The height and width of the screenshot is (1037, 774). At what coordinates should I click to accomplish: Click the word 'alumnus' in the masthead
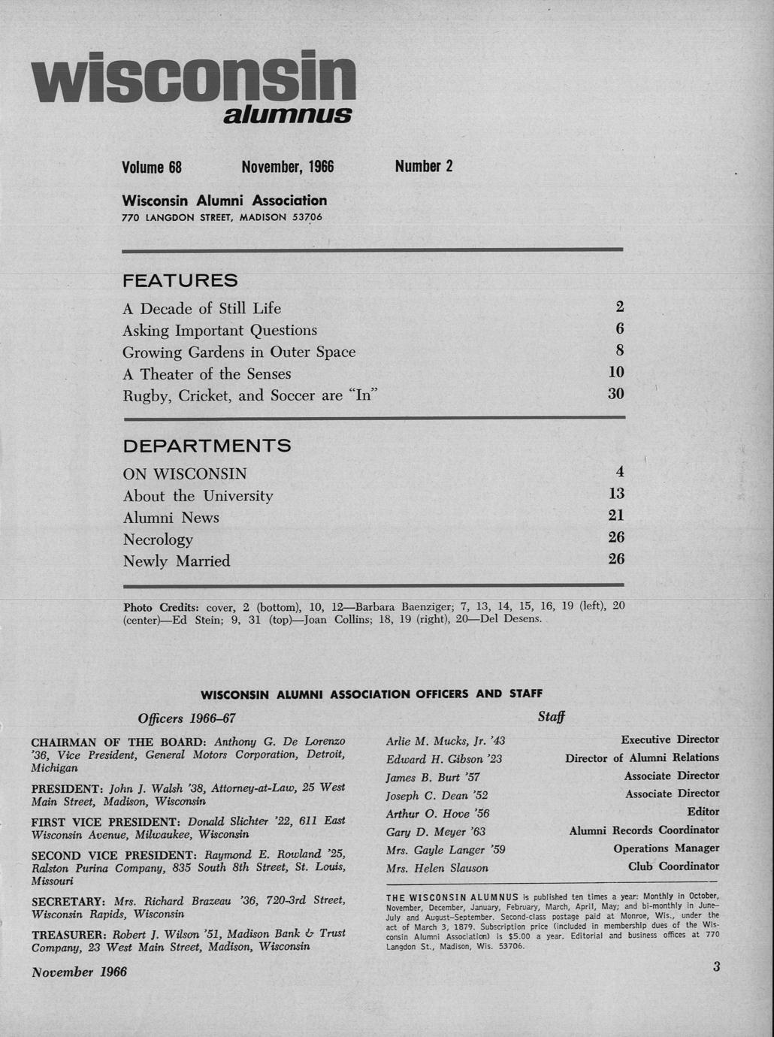tap(288, 114)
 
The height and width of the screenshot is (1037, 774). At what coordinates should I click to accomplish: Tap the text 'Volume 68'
tap(152, 167)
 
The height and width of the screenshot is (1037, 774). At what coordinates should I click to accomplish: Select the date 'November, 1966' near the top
tap(287, 167)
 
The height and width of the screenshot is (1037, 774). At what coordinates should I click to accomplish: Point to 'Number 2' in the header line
tap(424, 167)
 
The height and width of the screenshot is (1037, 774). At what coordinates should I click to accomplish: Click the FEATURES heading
tap(180, 281)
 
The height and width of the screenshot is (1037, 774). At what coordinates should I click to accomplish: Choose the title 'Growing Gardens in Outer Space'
tap(239, 352)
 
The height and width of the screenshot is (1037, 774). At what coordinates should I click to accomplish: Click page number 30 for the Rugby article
tap(615, 394)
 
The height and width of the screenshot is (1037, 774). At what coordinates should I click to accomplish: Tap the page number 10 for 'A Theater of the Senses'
tap(615, 372)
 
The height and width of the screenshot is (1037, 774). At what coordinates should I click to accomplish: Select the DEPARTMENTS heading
tap(207, 446)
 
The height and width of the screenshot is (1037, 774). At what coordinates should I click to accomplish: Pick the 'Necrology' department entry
tap(158, 540)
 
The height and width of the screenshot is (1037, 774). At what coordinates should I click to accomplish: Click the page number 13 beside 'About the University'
tap(616, 494)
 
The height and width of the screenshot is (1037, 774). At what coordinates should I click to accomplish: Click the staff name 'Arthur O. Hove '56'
tap(437, 814)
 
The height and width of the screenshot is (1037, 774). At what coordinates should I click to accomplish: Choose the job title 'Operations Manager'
tap(666, 848)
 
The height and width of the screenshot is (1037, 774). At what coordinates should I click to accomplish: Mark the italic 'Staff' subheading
tap(551, 718)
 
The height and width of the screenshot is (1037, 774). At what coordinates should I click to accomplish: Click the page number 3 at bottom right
tap(716, 967)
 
